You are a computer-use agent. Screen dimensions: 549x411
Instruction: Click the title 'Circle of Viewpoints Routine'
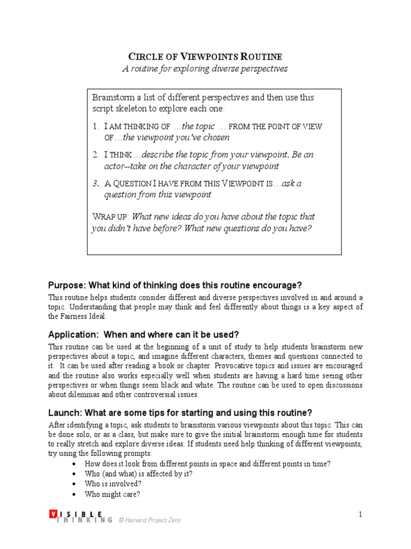pos(205,56)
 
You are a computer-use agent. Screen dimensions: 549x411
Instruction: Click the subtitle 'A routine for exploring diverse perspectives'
pos(205,69)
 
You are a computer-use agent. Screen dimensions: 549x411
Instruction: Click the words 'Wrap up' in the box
pos(110,217)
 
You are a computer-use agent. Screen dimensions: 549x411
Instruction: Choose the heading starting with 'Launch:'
pos(180,413)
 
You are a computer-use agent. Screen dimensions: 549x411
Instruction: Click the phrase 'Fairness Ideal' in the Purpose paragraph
pos(77,316)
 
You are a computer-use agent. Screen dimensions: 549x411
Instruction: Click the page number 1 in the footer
pos(360,515)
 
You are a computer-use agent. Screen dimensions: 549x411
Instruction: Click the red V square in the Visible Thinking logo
pos(52,514)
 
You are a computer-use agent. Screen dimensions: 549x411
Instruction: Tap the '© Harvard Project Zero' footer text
pos(149,520)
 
